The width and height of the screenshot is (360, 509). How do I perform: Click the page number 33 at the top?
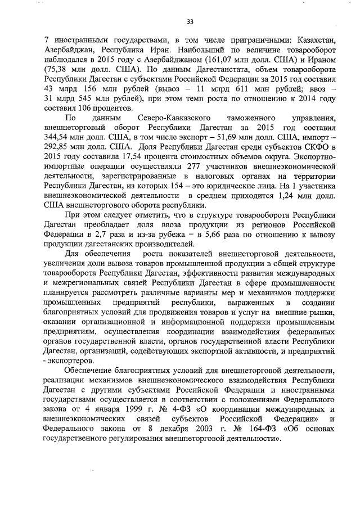190,21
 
